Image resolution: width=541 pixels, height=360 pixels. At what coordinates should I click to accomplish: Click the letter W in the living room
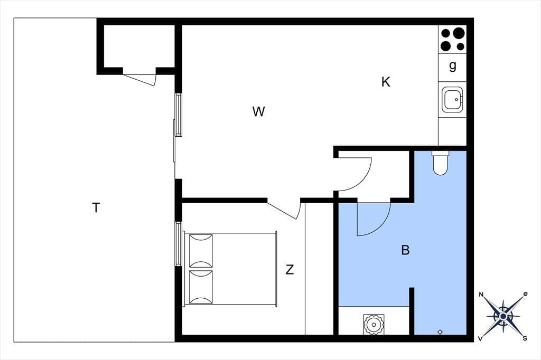[258, 112]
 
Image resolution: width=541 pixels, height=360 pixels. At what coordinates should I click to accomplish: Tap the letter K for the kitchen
[386, 82]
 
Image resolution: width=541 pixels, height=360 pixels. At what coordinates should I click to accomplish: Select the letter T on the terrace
[96, 208]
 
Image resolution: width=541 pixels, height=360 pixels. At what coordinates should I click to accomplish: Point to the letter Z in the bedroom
[290, 269]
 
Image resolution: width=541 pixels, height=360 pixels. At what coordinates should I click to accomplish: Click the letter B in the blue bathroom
[405, 250]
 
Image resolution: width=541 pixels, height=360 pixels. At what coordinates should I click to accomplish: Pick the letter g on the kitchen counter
[453, 65]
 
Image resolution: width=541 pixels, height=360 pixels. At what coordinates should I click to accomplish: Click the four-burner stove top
[453, 39]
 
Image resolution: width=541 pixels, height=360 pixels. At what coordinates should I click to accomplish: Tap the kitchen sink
[452, 100]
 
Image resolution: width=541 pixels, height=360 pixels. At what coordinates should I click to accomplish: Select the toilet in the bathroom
[440, 163]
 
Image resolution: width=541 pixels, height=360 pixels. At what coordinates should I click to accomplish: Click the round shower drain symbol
[374, 324]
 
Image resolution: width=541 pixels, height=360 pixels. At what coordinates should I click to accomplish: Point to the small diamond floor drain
[440, 332]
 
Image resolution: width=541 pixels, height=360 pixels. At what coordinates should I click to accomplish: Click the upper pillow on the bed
[201, 251]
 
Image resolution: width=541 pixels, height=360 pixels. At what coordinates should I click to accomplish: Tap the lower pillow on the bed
[201, 287]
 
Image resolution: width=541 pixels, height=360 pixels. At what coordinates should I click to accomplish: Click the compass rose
[503, 316]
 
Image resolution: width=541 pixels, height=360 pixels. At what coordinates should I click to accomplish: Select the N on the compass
[481, 295]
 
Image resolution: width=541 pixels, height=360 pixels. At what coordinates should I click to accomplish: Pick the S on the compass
[525, 338]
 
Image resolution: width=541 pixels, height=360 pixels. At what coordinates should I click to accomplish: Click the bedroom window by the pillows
[179, 244]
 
